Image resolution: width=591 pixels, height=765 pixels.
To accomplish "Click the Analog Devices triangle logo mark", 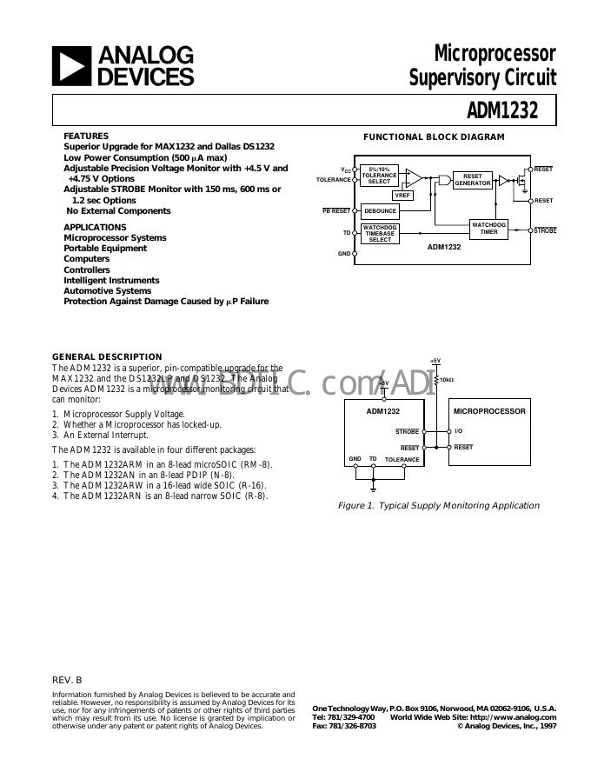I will click(71, 66).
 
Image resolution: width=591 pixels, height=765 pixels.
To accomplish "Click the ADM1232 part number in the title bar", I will click(502, 110).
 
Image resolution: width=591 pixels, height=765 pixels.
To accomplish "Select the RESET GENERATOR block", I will click(473, 180).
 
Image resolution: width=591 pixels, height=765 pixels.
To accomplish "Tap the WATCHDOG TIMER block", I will click(488, 229).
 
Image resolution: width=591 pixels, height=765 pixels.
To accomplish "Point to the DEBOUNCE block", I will click(380, 210).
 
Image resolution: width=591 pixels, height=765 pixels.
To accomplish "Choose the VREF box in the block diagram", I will click(402, 196).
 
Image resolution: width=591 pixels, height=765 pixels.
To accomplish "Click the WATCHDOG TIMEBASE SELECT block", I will click(380, 234).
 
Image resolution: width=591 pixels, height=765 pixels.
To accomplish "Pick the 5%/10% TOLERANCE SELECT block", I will click(379, 175).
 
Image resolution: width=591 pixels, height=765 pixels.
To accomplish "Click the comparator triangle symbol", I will click(413, 176).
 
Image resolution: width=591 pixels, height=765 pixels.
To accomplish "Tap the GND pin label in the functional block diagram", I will click(344, 254).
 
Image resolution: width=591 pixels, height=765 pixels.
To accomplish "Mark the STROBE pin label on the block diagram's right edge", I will click(545, 230).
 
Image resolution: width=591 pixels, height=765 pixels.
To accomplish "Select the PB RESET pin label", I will click(336, 210).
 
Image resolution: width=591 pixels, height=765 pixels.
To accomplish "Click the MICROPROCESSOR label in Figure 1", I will click(489, 410).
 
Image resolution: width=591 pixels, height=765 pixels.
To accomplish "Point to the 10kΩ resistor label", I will click(448, 380).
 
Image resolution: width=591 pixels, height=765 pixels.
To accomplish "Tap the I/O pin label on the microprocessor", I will click(459, 431).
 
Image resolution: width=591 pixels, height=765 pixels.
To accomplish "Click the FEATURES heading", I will click(86, 136).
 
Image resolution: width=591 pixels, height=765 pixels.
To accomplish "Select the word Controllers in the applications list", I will click(87, 269).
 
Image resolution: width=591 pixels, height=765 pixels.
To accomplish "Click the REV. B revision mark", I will click(67, 679).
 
